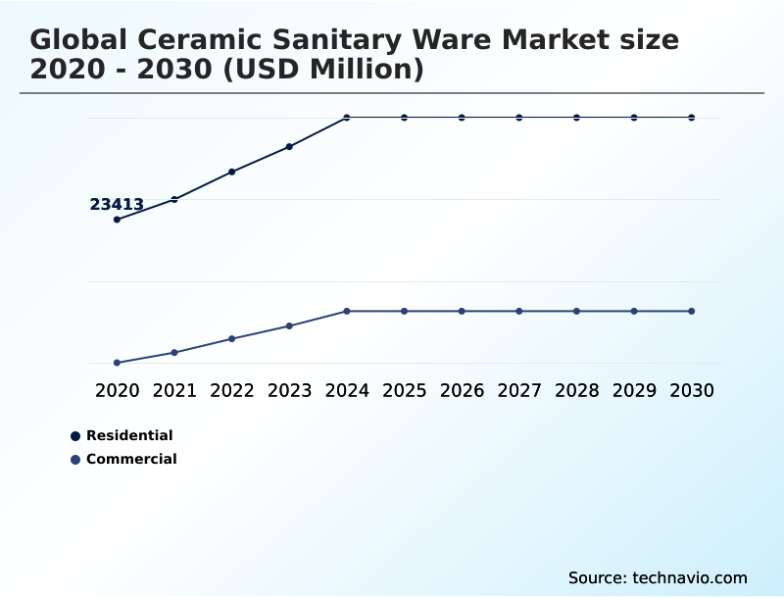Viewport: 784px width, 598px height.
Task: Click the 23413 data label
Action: pos(117,205)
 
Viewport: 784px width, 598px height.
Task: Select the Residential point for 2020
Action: pos(117,220)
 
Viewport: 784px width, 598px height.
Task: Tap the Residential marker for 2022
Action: pos(232,172)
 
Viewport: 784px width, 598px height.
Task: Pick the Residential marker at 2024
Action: pos(347,118)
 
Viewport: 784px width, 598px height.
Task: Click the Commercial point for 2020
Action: pos(117,363)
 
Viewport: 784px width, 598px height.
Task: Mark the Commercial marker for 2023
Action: pos(289,325)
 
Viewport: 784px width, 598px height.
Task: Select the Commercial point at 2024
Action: pos(347,311)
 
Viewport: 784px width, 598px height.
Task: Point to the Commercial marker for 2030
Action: pos(691,311)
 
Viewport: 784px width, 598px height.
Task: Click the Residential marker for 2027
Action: pos(519,118)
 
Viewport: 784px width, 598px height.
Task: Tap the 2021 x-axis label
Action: pos(174,390)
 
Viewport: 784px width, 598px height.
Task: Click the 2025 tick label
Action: pos(404,390)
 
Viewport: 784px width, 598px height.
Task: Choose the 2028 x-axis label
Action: pos(576,390)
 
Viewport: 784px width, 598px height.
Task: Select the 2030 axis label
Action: pos(691,390)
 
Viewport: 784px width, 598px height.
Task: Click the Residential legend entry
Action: pos(128,435)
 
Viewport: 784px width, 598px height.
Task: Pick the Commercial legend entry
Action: pos(130,459)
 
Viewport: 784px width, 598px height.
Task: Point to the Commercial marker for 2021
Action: pos(174,352)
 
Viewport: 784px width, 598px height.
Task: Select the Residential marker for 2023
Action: pos(289,146)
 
